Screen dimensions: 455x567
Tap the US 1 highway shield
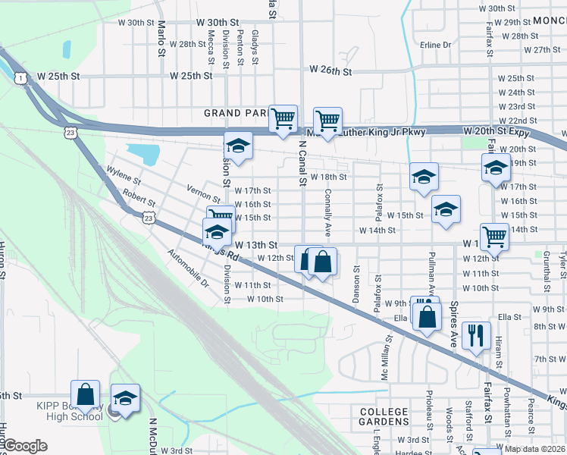click(20, 77)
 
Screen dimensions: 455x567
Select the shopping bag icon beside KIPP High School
click(85, 394)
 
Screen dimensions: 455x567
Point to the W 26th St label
click(331, 71)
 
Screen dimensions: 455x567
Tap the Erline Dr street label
click(435, 45)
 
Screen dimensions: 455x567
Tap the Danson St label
click(356, 287)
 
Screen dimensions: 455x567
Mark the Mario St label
click(161, 39)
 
